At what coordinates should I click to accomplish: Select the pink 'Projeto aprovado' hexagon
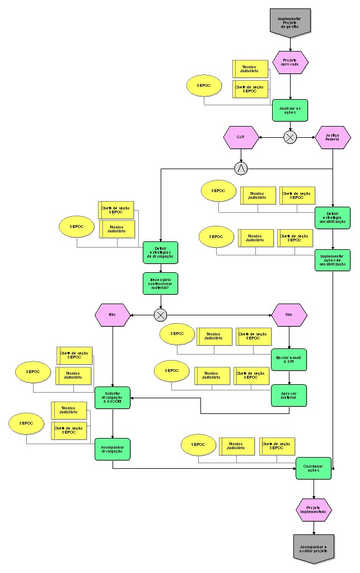pyautogui.click(x=290, y=63)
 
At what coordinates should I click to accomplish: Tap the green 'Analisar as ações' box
pyautogui.click(x=290, y=110)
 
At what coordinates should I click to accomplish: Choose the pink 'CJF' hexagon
pyautogui.click(x=241, y=137)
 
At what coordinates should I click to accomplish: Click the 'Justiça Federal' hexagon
pyautogui.click(x=333, y=137)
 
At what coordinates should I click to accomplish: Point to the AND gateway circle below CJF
pyautogui.click(x=241, y=167)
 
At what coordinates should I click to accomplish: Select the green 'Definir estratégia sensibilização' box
pyautogui.click(x=333, y=218)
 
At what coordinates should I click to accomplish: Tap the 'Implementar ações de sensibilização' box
pyautogui.click(x=333, y=260)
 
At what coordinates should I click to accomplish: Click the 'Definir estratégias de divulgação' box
pyautogui.click(x=160, y=253)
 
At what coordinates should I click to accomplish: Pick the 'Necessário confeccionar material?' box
pyautogui.click(x=160, y=283)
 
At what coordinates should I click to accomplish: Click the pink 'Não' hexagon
pyautogui.click(x=113, y=315)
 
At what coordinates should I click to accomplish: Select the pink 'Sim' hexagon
pyautogui.click(x=289, y=315)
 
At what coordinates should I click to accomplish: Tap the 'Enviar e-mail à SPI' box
pyautogui.click(x=289, y=359)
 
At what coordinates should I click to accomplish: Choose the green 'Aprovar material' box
pyautogui.click(x=289, y=395)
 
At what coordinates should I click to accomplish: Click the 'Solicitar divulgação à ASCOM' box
pyautogui.click(x=113, y=398)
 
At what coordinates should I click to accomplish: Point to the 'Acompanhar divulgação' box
pyautogui.click(x=113, y=449)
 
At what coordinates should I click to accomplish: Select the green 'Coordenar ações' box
pyautogui.click(x=314, y=468)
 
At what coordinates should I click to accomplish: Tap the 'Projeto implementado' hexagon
pyautogui.click(x=314, y=510)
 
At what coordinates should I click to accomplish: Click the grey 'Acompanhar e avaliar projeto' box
pyautogui.click(x=314, y=547)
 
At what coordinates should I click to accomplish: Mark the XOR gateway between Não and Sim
pyautogui.click(x=161, y=315)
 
